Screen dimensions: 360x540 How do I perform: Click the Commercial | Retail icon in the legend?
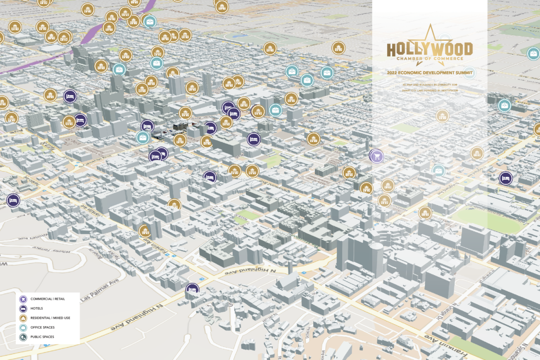pos(24,299)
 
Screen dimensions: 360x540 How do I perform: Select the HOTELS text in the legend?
pos(37,309)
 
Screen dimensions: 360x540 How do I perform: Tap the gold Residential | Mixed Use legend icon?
pos(24,318)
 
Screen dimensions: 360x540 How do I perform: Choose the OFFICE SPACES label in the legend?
pos(42,328)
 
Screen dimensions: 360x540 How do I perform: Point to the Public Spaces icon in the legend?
pos(24,337)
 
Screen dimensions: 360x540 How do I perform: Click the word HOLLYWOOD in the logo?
pos(430,49)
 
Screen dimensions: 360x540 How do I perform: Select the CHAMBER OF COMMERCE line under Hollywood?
pos(430,59)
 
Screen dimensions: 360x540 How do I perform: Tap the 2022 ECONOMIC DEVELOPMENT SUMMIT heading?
pos(430,73)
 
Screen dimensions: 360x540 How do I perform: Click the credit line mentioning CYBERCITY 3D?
pos(430,84)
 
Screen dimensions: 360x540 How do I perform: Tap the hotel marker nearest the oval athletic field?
pos(506,179)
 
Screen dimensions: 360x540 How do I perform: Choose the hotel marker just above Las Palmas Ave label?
pos(192,289)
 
